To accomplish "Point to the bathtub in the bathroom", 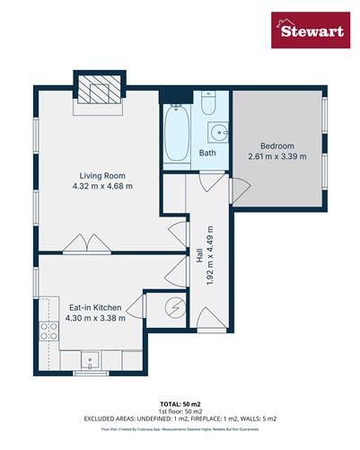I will [176, 135].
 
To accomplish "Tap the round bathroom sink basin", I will [216, 135].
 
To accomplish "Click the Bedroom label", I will [277, 146].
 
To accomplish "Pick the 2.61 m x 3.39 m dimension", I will [277, 156].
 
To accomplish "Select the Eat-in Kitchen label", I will [95, 305].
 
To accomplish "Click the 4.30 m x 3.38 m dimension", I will [95, 317].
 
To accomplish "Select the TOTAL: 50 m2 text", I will [180, 407].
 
